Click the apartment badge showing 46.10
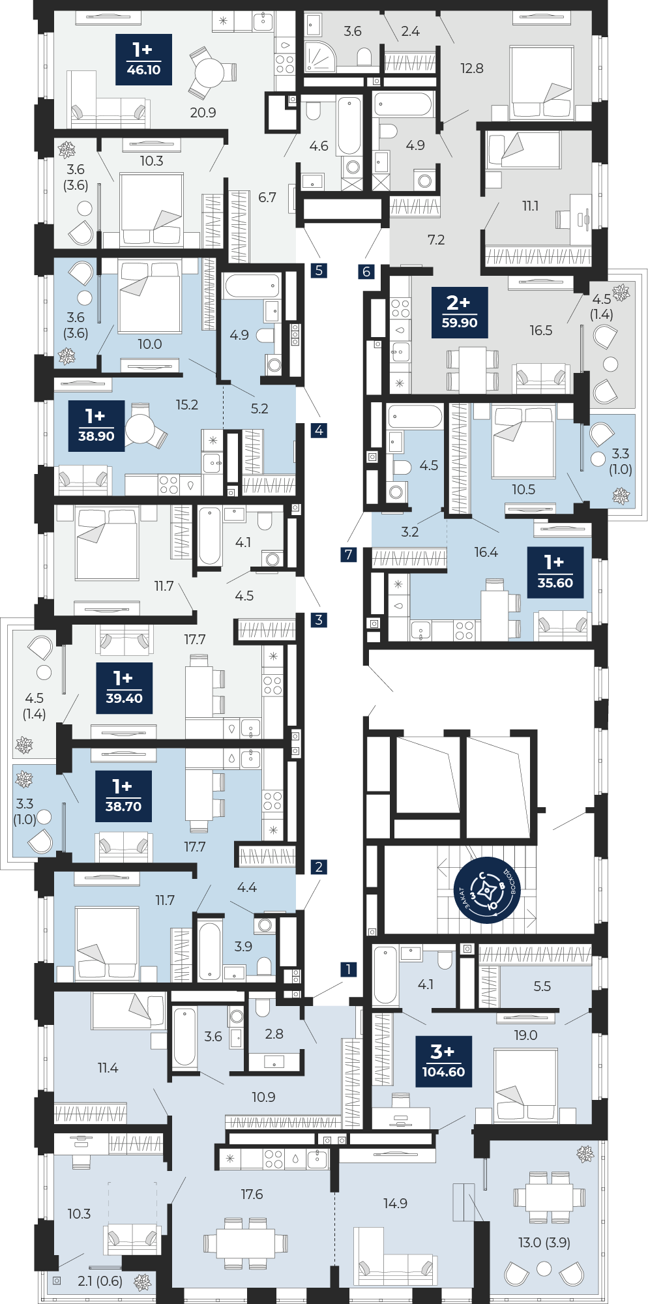(x=143, y=59)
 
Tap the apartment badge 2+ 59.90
(x=460, y=312)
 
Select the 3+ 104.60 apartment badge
(x=443, y=1061)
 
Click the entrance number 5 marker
(x=319, y=270)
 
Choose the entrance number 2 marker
(x=319, y=867)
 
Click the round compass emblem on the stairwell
(x=487, y=890)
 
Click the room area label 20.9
(x=203, y=113)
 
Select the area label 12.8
(x=472, y=68)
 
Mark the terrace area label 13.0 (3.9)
(x=544, y=1242)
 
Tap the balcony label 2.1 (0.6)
(x=100, y=1281)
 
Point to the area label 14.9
(x=395, y=1203)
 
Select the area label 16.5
(x=540, y=331)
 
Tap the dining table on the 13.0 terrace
(x=549, y=1197)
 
